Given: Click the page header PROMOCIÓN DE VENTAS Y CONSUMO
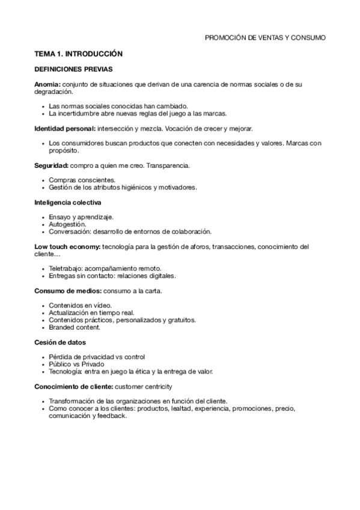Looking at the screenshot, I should point(265,37).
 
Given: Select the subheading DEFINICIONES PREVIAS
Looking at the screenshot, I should point(73,69).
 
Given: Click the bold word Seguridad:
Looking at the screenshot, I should point(51,165).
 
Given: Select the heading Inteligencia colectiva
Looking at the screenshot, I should point(68,202).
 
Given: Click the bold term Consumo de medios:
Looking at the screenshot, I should point(67,290).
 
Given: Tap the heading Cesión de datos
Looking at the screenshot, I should point(59,342).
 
